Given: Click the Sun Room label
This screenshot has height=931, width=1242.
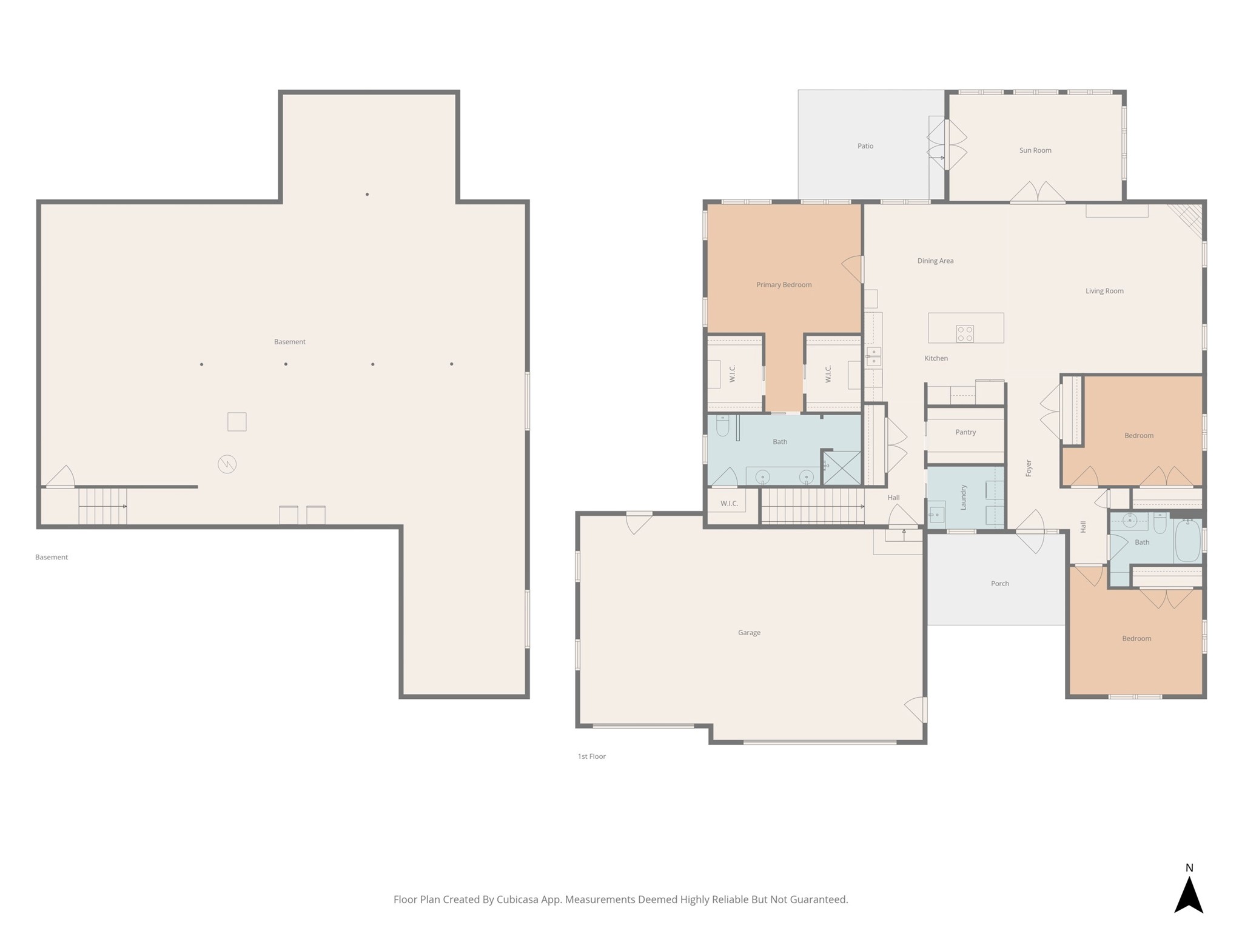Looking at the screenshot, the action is point(1035,150).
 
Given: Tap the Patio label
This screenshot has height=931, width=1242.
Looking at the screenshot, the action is point(865,146).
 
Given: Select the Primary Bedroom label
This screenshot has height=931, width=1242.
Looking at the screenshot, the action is point(784,285).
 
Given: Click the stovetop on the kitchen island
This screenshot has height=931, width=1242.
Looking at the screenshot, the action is point(965,333).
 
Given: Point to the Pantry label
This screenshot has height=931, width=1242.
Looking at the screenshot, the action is point(965,432).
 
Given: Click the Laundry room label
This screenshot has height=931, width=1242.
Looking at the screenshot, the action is point(963,497).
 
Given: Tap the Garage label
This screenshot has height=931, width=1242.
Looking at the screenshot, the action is point(749,633).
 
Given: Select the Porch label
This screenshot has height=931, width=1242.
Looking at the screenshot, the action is point(1000,584).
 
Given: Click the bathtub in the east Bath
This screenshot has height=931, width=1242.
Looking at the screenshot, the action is point(1188,539).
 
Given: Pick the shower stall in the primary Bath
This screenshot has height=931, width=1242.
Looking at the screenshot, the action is point(842,468).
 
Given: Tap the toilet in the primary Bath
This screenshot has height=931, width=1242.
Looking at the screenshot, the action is point(722,426).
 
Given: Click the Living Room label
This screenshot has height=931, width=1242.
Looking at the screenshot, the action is point(1104,291).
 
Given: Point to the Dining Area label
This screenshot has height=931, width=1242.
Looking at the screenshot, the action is point(935,261).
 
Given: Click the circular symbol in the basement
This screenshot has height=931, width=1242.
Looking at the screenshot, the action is point(227,464).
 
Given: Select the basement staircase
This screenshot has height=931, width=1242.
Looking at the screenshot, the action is point(102,506).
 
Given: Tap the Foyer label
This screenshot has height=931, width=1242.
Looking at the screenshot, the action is point(1029,468).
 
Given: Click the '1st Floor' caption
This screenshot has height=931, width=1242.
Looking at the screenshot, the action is point(592,756).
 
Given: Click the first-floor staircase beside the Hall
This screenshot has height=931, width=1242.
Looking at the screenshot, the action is point(813,506).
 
